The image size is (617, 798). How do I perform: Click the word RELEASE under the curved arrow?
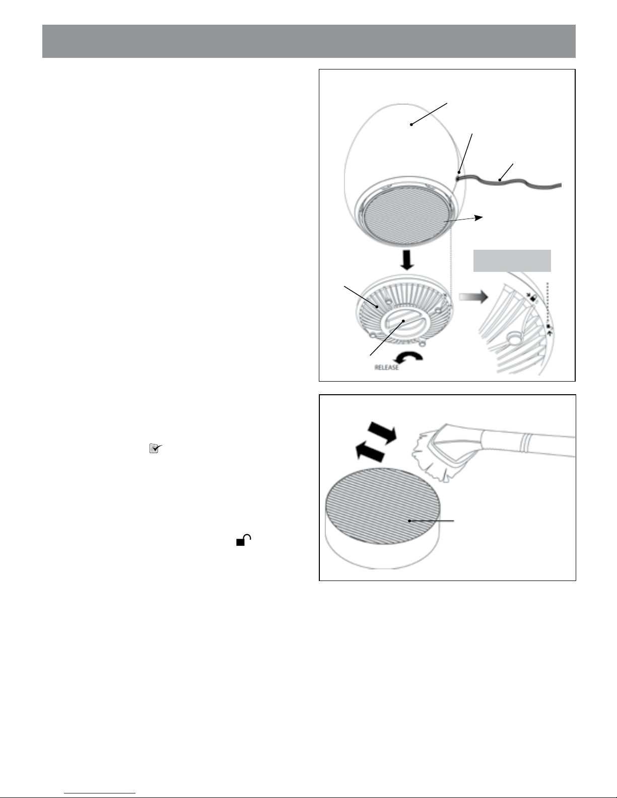pos(386,367)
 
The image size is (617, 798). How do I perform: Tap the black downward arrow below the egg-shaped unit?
pos(406,260)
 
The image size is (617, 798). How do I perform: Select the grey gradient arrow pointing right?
pos(473,297)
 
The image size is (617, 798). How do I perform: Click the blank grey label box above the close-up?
pos(512,261)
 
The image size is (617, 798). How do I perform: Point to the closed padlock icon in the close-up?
pos(533,299)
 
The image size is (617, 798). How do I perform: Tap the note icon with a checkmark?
pos(156,448)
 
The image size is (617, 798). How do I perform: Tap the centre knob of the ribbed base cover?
pos(403,321)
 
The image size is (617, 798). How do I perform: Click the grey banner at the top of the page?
pos(309,41)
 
